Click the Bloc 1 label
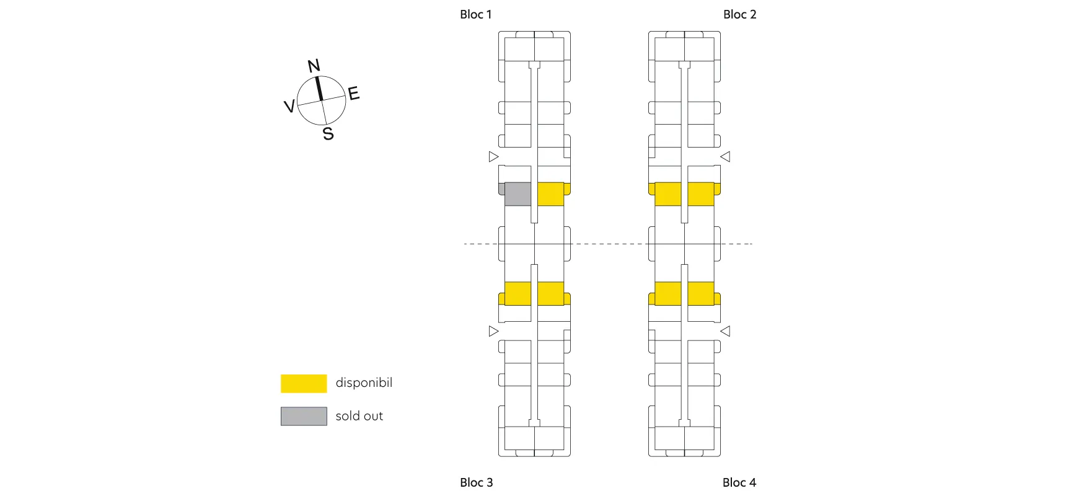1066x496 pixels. point(475,14)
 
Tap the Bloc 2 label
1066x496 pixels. point(739,14)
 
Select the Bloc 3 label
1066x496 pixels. point(476,482)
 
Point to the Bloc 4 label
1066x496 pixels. point(739,482)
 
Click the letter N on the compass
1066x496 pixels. point(314,66)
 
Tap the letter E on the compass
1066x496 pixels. point(354,94)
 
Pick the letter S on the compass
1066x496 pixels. point(328,133)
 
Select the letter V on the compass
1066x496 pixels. point(289,106)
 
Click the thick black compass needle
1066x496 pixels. point(319,88)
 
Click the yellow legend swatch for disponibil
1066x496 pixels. point(304,383)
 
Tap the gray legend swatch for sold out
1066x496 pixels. point(304,416)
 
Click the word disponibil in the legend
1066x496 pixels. point(364,383)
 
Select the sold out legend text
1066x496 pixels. point(359,416)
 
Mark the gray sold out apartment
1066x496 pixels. point(518,193)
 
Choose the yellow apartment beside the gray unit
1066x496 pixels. point(551,193)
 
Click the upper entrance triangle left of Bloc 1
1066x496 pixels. point(493,156)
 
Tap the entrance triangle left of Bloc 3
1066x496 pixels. point(493,331)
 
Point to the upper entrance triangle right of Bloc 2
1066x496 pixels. point(725,156)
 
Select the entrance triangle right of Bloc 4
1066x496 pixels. point(725,331)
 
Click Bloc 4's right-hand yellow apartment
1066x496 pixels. point(702,293)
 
